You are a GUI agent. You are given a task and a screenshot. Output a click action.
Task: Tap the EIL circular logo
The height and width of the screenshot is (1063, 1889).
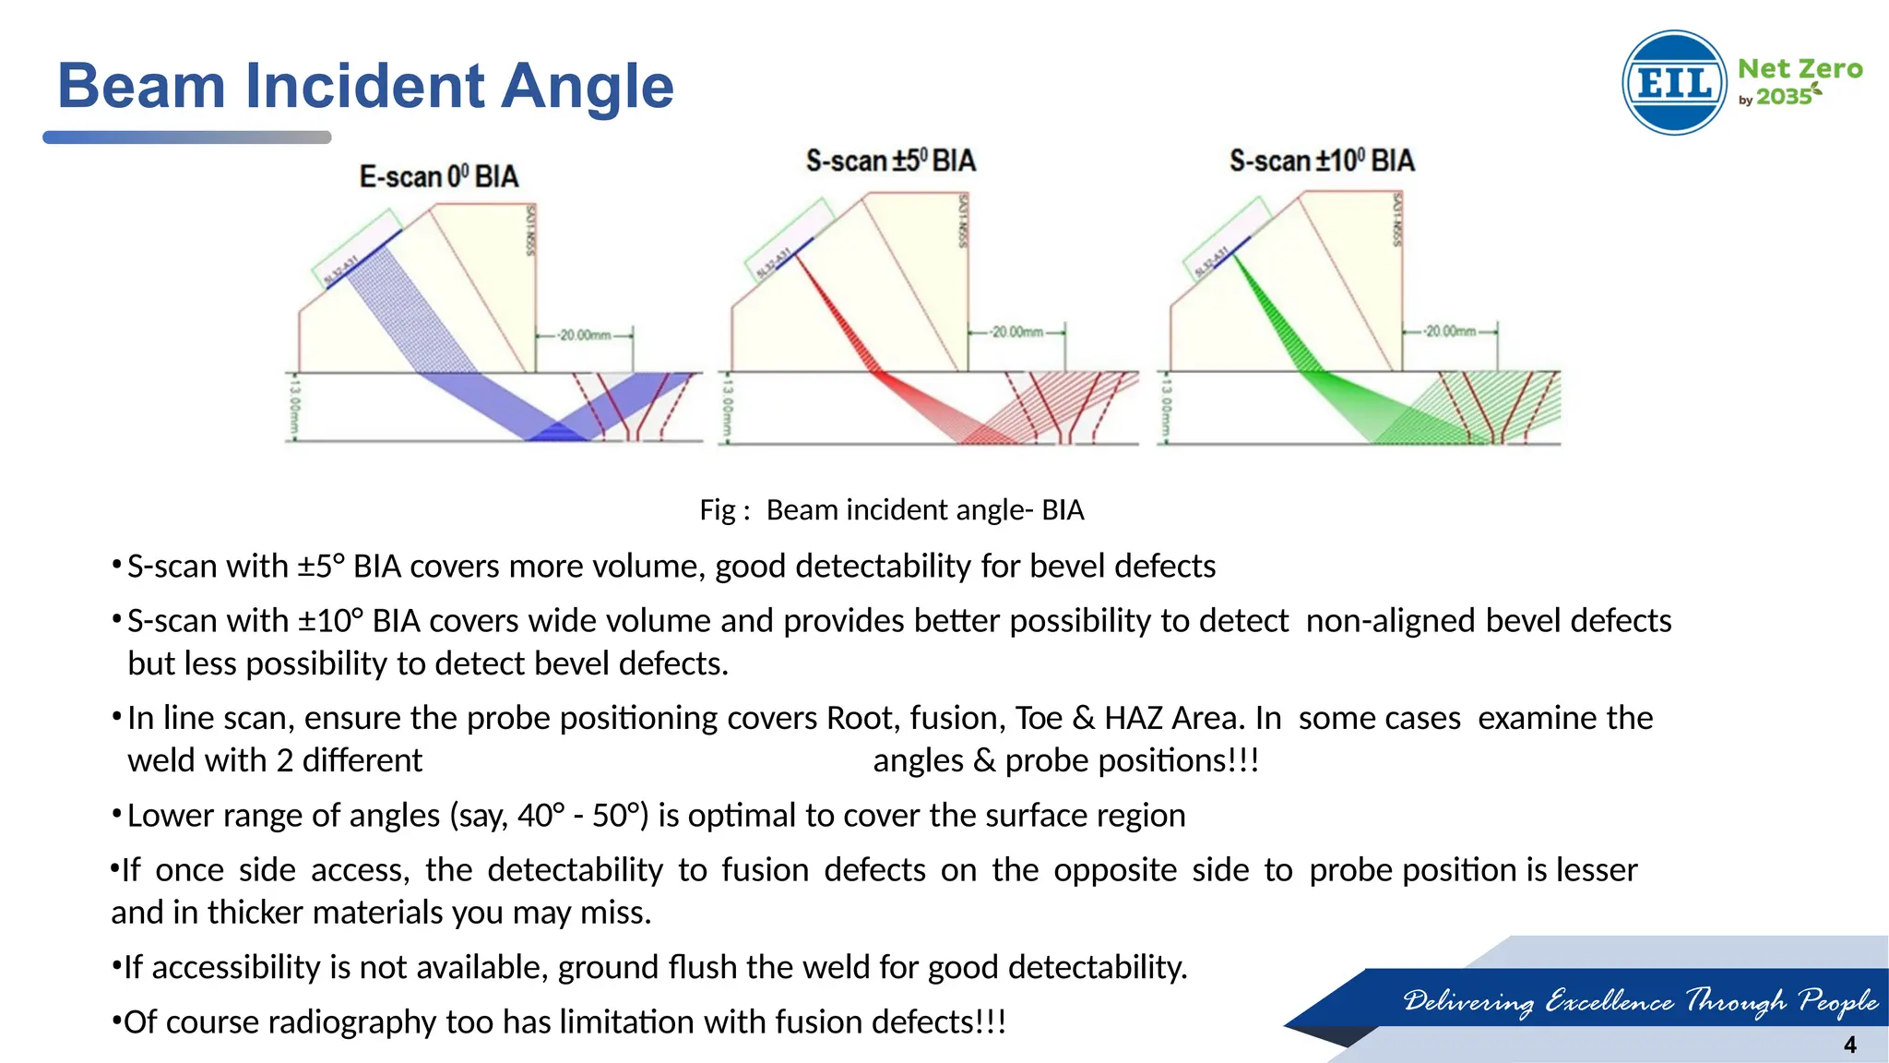tap(1673, 83)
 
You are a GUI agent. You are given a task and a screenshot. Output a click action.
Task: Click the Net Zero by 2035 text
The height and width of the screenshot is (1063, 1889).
tap(1799, 81)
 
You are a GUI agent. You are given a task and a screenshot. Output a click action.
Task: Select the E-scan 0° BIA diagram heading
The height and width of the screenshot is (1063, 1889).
tap(439, 176)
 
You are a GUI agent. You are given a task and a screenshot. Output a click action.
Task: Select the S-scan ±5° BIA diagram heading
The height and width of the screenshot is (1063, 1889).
tap(890, 161)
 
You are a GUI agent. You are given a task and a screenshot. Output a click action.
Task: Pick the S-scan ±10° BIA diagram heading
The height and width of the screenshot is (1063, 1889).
tap(1321, 161)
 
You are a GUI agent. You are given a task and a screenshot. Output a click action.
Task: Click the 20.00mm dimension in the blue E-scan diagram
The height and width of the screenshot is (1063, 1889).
tap(585, 335)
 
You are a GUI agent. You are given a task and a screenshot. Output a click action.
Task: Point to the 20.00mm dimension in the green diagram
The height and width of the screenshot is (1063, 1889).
tap(1450, 330)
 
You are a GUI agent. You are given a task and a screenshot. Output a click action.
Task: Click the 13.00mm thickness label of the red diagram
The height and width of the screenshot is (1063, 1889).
tap(727, 407)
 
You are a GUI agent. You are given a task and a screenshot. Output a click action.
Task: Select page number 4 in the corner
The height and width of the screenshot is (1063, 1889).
tap(1849, 1045)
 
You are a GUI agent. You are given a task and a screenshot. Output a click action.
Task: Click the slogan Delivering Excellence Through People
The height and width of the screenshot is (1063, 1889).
tap(1640, 1000)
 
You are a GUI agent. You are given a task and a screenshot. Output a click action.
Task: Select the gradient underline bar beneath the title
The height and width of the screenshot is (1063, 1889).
tap(186, 137)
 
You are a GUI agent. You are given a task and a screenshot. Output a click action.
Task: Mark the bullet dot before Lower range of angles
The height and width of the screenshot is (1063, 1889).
tap(116, 814)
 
